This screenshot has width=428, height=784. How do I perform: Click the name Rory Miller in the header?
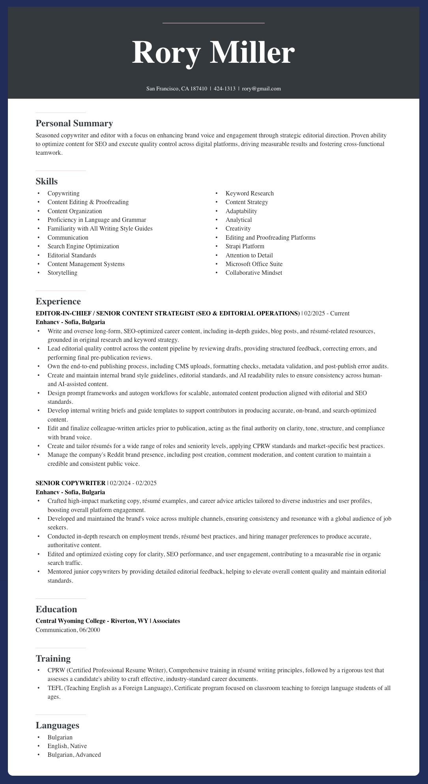[213, 53]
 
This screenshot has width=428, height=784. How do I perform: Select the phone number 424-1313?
[224, 89]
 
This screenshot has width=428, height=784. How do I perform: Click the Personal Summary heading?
[74, 124]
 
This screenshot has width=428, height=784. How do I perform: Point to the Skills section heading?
[47, 182]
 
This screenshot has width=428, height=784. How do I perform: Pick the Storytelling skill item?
[62, 273]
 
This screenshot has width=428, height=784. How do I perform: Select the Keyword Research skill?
[249, 193]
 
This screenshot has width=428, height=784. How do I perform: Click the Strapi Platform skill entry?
[245, 246]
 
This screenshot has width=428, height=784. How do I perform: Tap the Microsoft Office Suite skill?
[254, 264]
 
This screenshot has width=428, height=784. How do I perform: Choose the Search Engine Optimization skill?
[83, 246]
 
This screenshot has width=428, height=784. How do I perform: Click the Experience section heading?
[58, 302]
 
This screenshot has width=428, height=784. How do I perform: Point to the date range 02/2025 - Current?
[326, 313]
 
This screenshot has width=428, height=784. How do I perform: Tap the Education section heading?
[56, 609]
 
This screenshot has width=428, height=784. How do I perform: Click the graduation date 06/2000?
[89, 630]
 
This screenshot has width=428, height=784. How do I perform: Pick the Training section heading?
[53, 658]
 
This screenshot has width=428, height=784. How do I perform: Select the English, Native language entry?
[67, 746]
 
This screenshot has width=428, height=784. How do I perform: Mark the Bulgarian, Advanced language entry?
[74, 755]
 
